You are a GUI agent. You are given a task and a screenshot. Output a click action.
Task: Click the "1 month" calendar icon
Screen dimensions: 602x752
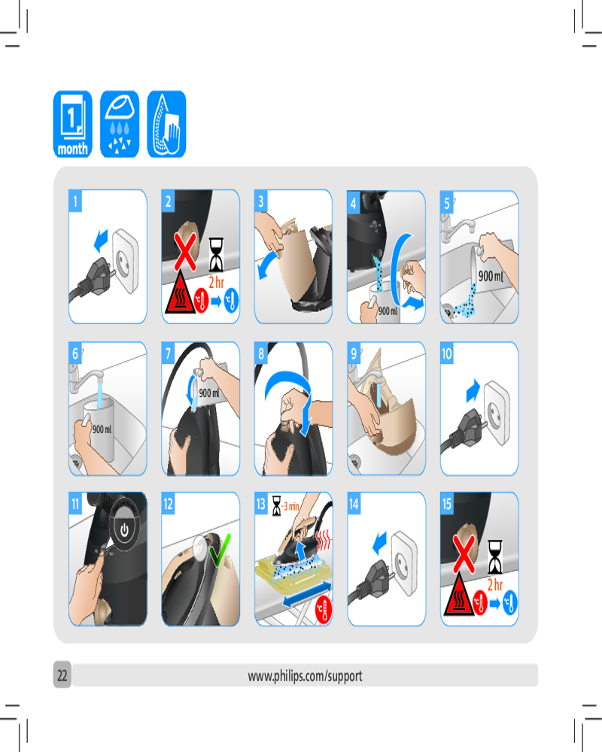(72, 124)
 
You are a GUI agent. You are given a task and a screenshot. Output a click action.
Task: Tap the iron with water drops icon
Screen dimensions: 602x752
(120, 124)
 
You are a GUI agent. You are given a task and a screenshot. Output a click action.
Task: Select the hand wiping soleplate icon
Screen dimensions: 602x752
(166, 124)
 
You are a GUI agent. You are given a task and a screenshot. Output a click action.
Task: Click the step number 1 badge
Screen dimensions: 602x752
(75, 201)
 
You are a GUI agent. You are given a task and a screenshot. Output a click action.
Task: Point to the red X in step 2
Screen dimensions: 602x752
(185, 251)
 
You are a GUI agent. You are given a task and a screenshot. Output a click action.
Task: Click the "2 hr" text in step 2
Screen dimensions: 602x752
(217, 283)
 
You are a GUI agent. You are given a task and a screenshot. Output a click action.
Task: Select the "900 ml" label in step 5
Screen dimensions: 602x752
(491, 276)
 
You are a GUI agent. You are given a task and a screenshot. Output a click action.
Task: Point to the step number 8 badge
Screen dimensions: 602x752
(260, 353)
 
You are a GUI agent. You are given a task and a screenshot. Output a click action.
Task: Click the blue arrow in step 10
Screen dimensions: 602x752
(473, 390)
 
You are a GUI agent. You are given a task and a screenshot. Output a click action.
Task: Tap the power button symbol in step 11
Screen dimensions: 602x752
(124, 530)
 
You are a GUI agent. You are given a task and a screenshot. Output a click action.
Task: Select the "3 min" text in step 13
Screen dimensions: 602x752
(291, 506)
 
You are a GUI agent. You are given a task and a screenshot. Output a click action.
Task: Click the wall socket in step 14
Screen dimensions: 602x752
(404, 563)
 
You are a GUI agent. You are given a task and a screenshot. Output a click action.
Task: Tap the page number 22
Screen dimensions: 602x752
(62, 675)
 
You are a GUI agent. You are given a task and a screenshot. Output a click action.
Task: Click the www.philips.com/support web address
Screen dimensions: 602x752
(305, 676)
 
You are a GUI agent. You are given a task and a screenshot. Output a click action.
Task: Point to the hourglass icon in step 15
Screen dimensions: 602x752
(495, 556)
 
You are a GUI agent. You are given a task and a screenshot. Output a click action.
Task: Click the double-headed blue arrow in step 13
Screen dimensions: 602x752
(307, 595)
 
